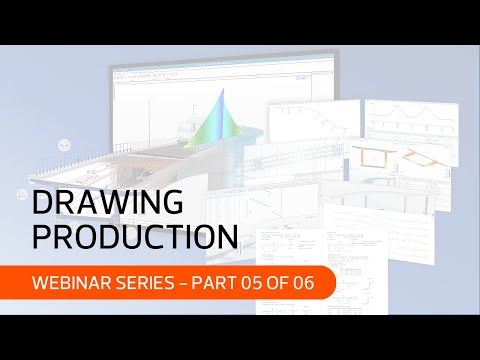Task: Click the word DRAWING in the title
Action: pos(108,203)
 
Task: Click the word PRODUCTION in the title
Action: pos(136,237)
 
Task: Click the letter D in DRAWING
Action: pos(45,203)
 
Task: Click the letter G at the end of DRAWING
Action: pos(173,203)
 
